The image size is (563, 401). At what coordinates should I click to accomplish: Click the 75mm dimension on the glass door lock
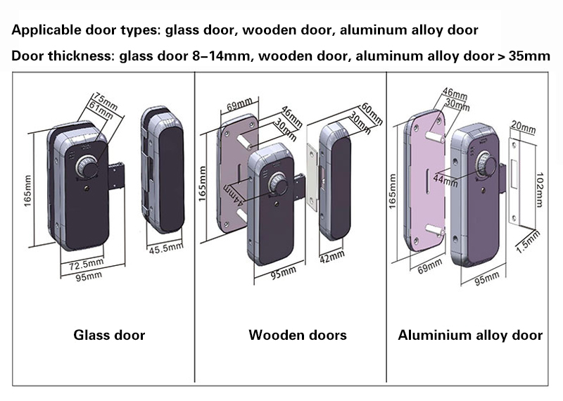point(106,101)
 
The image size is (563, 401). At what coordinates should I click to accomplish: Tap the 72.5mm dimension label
point(86,265)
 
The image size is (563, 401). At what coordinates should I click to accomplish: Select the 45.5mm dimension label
point(166,248)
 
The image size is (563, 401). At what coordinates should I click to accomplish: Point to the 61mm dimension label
point(101,110)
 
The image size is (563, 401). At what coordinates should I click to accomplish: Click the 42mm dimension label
point(332,256)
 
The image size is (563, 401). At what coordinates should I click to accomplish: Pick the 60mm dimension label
point(372,114)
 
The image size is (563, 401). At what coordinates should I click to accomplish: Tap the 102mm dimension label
point(539,189)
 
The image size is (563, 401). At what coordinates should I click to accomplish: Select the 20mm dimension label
point(523,127)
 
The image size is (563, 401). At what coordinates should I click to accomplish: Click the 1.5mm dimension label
point(528,241)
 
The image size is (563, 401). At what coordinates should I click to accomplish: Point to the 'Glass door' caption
point(109,335)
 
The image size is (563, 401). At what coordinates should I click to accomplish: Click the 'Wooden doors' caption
point(298,335)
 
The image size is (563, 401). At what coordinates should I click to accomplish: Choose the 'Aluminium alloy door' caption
point(470,335)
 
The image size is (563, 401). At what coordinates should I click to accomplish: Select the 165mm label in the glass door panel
point(27,191)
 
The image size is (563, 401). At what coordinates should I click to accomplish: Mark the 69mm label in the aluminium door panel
point(429,266)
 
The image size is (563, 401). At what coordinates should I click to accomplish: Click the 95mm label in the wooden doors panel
point(284,273)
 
